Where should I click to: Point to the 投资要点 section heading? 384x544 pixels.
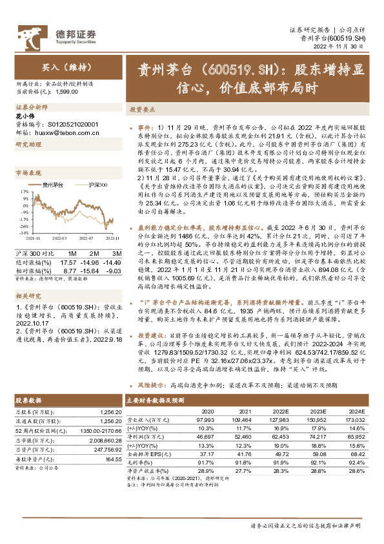click(x=141, y=110)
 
